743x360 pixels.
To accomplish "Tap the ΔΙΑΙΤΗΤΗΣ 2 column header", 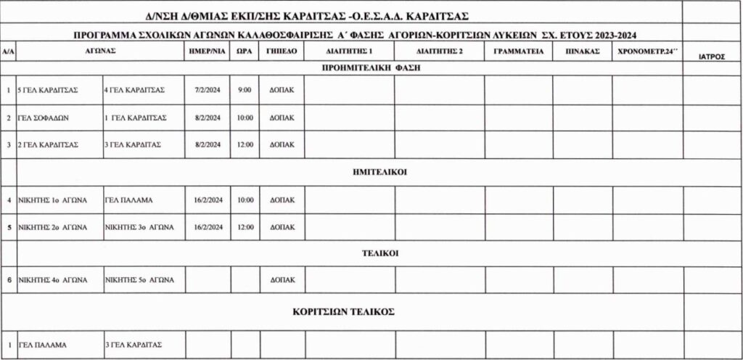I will tap(440, 51).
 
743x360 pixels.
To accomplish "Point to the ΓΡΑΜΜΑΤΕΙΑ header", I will tap(518, 51).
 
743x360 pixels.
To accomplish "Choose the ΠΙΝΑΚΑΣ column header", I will tap(582, 51).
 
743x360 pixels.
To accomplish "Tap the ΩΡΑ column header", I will tap(245, 51).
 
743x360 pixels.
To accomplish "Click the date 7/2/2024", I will tap(207, 89).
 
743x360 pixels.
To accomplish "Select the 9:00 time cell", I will tap(245, 89).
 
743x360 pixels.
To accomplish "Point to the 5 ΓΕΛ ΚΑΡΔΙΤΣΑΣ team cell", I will tap(48, 89).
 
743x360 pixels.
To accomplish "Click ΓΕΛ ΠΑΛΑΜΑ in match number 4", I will tap(129, 200).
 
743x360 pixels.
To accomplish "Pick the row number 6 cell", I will tap(8, 279).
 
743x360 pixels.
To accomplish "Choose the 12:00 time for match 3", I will tap(245, 144).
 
